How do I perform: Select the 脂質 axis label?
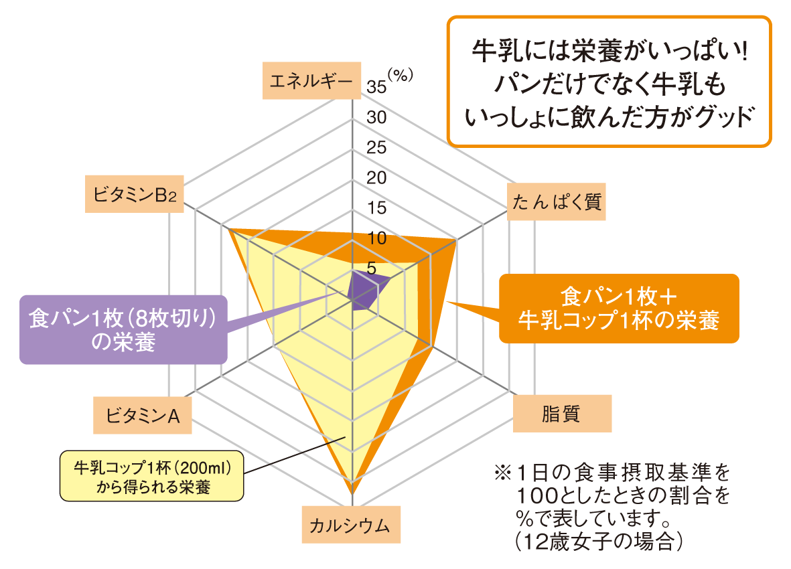561,414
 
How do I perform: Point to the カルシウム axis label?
350,523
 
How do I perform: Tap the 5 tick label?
372,268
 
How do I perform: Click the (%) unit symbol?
400,75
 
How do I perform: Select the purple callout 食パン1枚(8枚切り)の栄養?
123,329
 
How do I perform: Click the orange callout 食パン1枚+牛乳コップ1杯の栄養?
618,308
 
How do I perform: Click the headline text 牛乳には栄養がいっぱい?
609,52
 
